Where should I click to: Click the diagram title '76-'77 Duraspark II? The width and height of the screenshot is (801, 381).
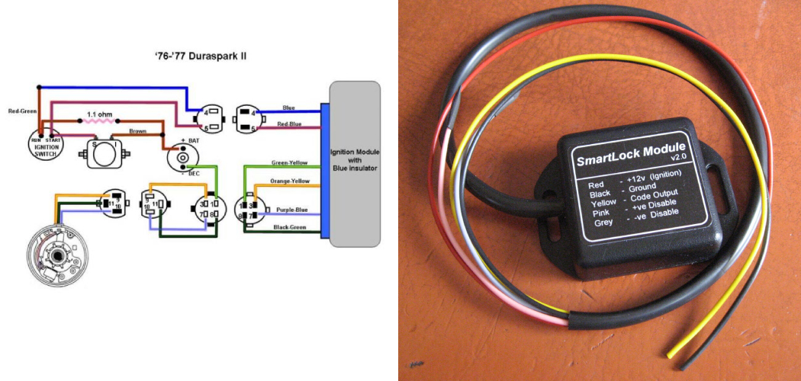[x=200, y=56]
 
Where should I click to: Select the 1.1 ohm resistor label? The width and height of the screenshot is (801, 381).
[x=101, y=114]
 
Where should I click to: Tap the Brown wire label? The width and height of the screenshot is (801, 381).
[x=137, y=132]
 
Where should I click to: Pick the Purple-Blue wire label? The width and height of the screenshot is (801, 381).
[x=291, y=210]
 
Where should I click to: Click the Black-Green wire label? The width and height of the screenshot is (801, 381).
[x=291, y=227]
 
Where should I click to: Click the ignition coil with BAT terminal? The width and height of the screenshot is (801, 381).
[x=183, y=157]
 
